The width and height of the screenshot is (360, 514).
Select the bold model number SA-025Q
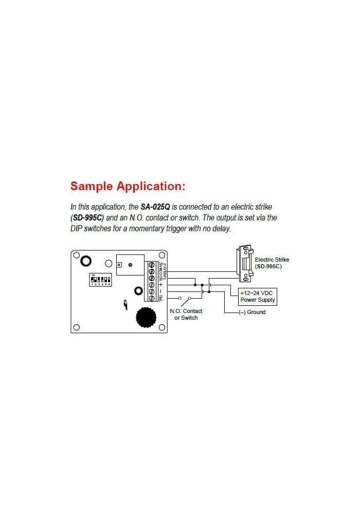pos(155,207)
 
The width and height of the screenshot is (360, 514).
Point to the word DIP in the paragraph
pos(77,229)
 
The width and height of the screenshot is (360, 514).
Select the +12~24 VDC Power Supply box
pos(258,297)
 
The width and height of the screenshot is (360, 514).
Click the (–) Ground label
pos(252,313)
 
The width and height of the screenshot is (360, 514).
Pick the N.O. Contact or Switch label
pos(186,314)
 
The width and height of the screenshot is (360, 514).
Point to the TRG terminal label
pos(160,298)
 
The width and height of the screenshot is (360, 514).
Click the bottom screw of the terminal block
pos(152,298)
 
